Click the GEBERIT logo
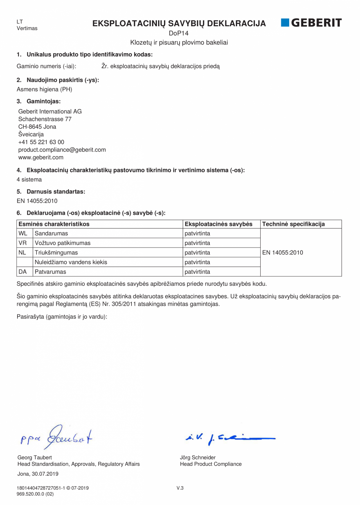(311, 23)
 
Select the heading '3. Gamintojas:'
(39, 101)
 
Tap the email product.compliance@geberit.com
(62, 150)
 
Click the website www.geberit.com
(41, 157)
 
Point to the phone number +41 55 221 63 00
(41, 142)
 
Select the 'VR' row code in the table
(23, 243)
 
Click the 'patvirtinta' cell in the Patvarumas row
(197, 272)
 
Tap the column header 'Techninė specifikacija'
(293, 224)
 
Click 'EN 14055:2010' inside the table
(283, 252)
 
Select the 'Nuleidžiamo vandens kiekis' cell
(71, 262)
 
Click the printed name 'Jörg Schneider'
(198, 457)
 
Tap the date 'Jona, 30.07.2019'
(38, 474)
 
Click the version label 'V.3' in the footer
(180, 488)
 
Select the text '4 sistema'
(29, 180)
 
